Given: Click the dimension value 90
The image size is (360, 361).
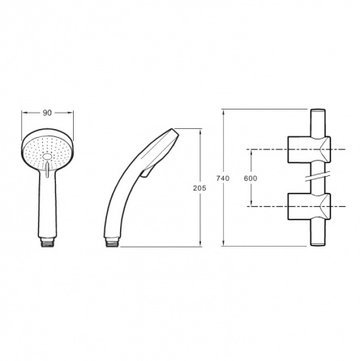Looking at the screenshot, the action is (x=47, y=113).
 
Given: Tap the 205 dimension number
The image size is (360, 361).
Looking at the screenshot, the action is (x=199, y=188).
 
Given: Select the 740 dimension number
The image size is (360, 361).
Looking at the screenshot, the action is (x=223, y=178).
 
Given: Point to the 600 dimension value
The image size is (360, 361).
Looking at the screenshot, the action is (x=251, y=178).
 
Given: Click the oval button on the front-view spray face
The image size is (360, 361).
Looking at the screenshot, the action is (x=47, y=157).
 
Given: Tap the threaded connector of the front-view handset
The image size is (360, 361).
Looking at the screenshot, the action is (x=47, y=242).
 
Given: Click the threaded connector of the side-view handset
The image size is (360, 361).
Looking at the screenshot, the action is (x=114, y=243).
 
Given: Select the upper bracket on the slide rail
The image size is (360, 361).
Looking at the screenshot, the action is (x=309, y=149).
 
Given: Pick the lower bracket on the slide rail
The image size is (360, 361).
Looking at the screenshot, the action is (x=309, y=207).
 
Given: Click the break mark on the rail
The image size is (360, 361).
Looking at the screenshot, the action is (x=319, y=176).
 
